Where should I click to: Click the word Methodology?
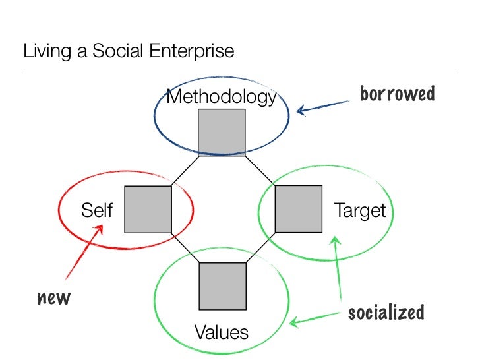click(221, 98)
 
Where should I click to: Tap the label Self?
click(97, 211)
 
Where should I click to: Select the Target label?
click(359, 211)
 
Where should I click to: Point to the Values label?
click(222, 332)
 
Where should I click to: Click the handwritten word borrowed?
click(397, 94)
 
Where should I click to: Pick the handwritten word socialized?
click(386, 312)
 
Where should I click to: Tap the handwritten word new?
click(53, 299)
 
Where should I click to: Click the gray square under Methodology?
click(222, 133)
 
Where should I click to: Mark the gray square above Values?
click(222, 285)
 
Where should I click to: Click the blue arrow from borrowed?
click(323, 106)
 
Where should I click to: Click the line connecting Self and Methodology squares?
click(185, 171)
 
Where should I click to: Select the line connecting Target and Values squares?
click(260, 248)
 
